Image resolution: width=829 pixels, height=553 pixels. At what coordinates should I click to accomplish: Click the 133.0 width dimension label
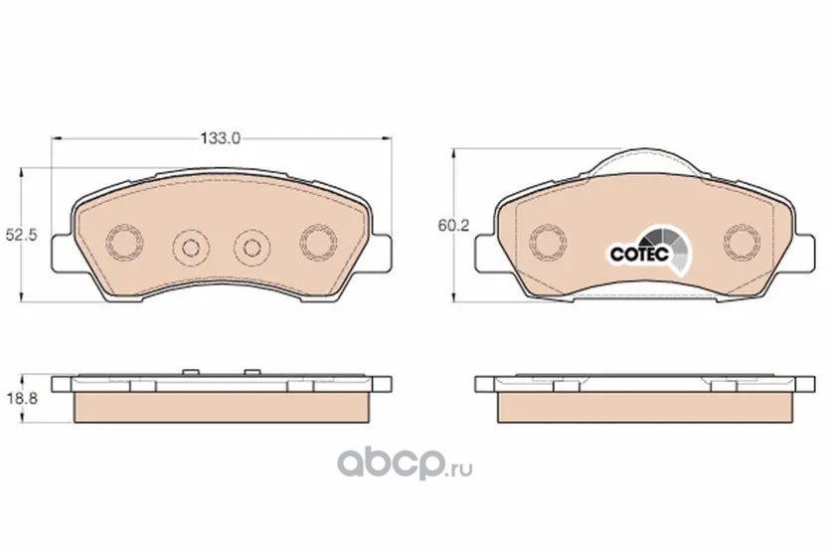point(220,138)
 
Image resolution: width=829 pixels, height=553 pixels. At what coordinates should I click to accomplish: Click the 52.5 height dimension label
point(21,235)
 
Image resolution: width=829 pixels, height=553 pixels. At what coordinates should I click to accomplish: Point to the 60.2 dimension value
point(453,226)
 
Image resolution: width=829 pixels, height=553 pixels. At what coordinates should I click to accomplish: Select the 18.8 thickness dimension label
point(21,399)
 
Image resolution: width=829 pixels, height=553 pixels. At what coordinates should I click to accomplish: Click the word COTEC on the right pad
point(640,254)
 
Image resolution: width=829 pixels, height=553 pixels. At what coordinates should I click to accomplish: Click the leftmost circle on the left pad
point(125,243)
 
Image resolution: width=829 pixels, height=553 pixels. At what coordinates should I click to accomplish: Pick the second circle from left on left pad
point(191,247)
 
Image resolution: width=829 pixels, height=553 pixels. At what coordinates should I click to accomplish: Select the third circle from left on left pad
point(252,247)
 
